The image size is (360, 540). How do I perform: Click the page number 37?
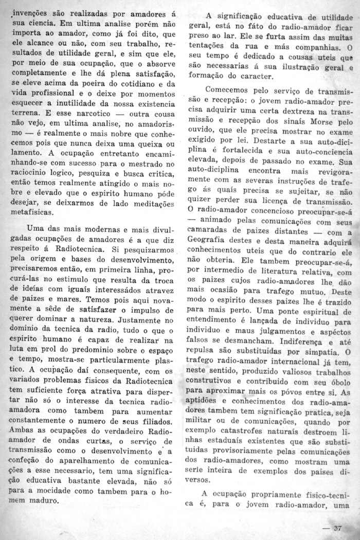tap(337, 528)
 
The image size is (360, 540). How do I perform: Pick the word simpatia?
tap(317, 352)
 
